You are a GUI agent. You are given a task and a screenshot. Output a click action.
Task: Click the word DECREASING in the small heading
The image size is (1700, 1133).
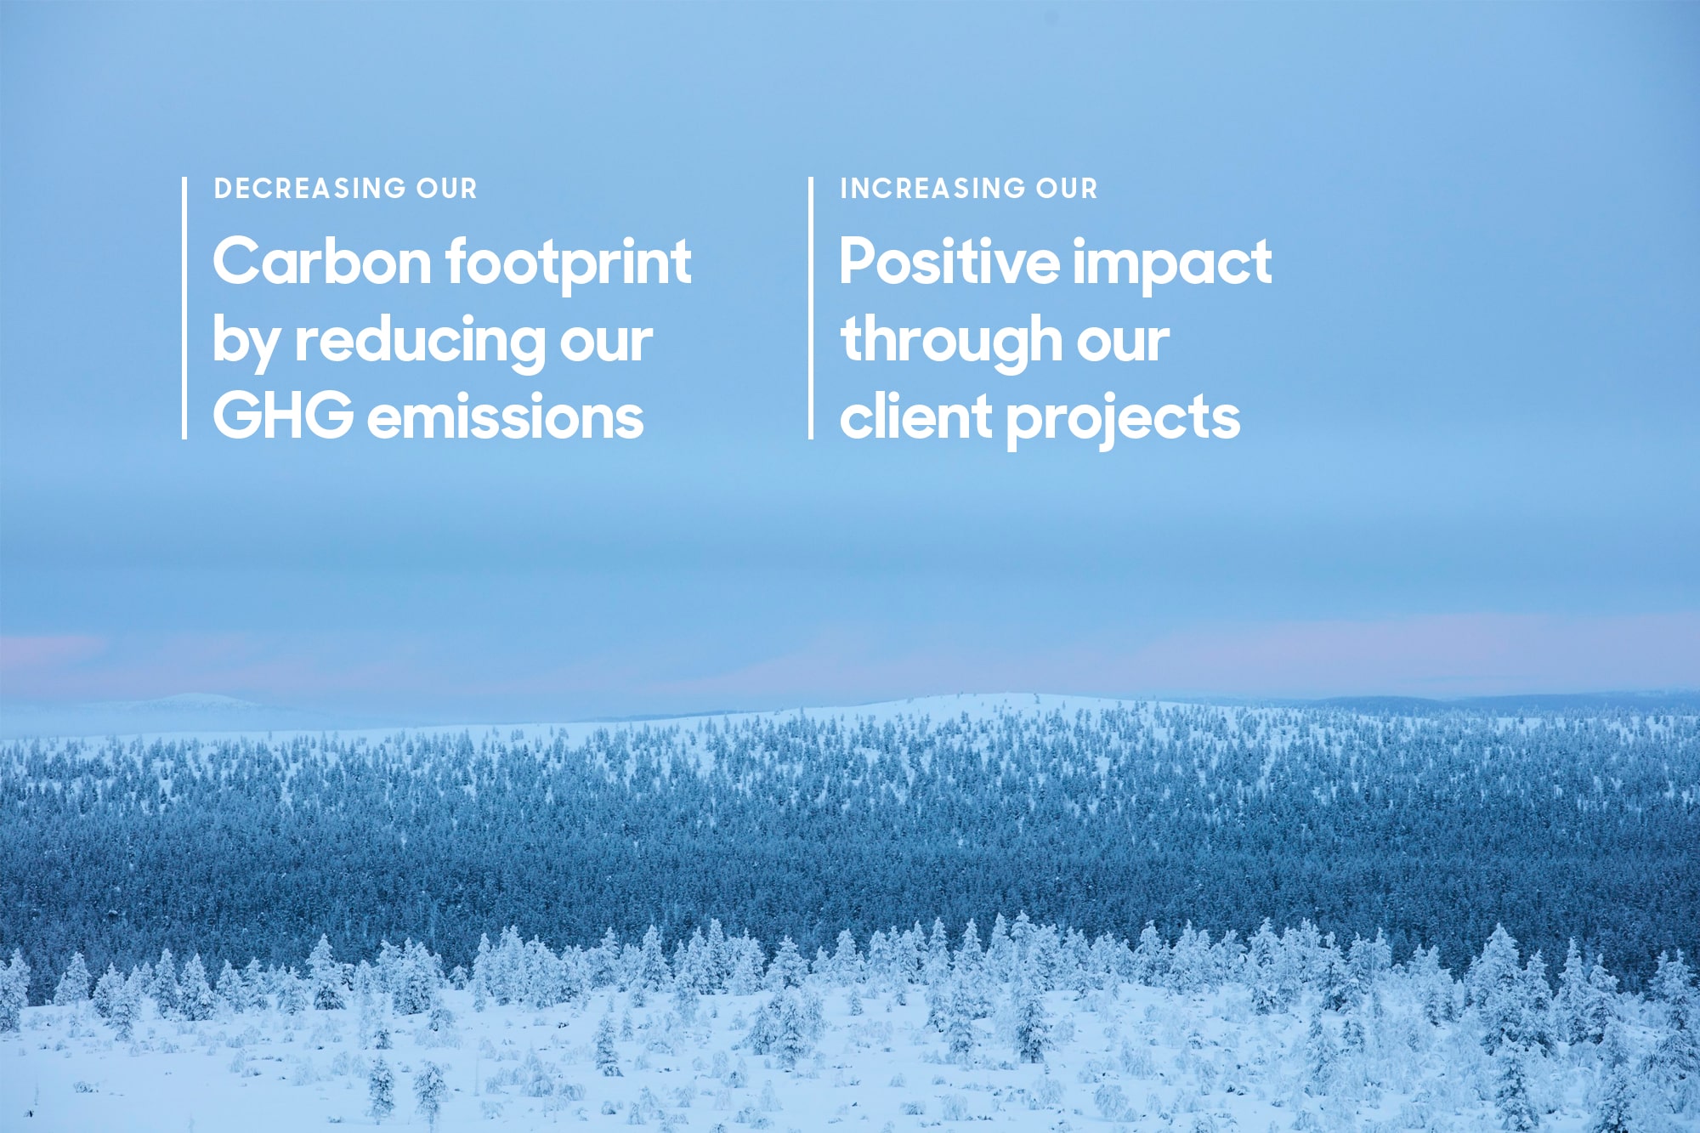[310, 188]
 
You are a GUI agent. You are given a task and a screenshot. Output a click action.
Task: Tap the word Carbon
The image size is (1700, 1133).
[322, 261]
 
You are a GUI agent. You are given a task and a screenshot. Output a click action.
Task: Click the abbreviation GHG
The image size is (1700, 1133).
[283, 416]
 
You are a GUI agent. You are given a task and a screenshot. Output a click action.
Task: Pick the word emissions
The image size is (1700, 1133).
[506, 416]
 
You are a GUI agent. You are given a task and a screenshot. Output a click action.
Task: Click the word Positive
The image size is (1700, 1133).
[949, 261]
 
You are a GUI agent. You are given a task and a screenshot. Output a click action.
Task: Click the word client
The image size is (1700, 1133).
[915, 416]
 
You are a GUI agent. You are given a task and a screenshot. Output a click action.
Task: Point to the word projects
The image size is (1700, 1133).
[1123, 420]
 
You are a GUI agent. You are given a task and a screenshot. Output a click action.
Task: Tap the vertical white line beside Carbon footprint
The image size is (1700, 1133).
[184, 309]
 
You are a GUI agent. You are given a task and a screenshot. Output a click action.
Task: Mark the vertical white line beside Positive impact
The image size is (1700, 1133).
[811, 309]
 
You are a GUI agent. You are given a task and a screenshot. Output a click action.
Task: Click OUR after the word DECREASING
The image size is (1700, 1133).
[447, 188]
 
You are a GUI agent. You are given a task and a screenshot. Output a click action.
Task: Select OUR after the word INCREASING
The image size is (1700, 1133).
[1068, 188]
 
